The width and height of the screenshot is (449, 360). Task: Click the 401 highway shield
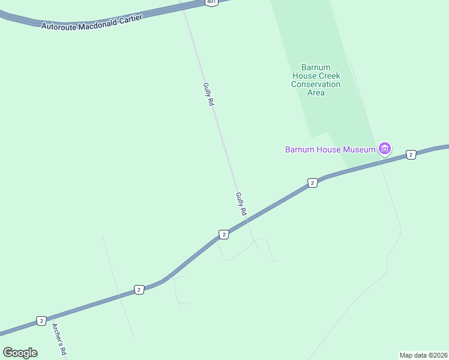click(x=211, y=2)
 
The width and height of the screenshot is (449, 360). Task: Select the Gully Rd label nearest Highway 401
click(x=208, y=94)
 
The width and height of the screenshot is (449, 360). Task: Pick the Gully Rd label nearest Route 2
click(x=241, y=204)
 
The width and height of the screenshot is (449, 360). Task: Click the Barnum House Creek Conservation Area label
click(x=316, y=80)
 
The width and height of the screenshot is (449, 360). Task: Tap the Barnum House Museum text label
click(x=330, y=149)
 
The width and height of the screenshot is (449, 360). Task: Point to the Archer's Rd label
click(x=58, y=340)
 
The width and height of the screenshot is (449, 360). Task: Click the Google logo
click(x=20, y=353)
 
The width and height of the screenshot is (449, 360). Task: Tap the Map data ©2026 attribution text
click(x=423, y=355)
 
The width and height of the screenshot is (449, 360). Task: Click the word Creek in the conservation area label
click(x=329, y=76)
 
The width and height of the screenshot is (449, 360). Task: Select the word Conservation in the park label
click(x=316, y=85)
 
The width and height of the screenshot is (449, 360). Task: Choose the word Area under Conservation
click(x=316, y=93)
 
